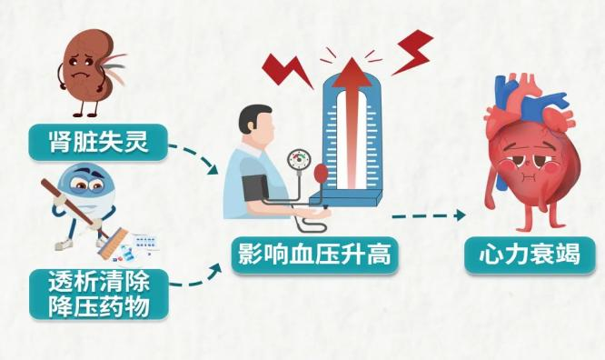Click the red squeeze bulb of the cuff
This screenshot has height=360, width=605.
(x=321, y=173)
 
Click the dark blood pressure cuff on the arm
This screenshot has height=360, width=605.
(x=253, y=187)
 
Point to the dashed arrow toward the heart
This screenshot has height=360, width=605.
(x=427, y=216)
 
